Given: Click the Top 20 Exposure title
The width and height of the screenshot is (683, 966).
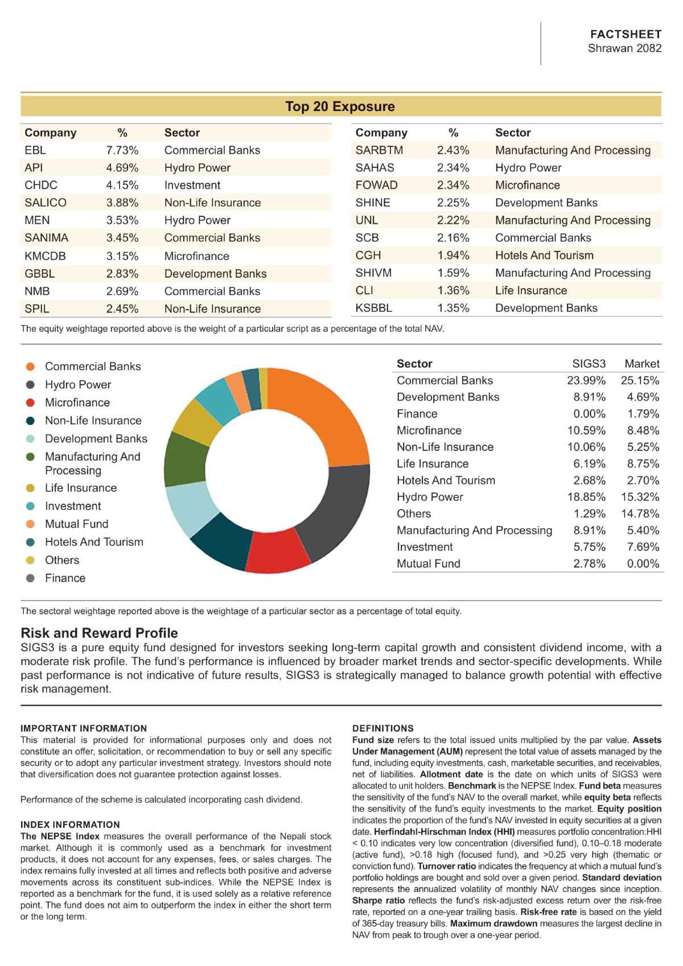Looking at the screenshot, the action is [340, 106].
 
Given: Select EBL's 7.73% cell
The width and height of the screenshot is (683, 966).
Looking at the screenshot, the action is [122, 150].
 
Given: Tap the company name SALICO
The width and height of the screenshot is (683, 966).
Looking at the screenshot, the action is [46, 203].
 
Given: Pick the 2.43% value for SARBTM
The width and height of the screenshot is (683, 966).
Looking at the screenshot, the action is [452, 150].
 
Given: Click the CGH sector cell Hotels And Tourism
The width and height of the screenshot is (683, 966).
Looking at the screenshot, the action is [544, 255].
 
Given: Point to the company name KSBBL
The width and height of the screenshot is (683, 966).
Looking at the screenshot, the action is [373, 308].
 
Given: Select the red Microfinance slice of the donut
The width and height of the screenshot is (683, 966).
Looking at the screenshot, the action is [277, 552].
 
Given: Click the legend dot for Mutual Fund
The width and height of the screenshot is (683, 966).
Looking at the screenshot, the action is [30, 524].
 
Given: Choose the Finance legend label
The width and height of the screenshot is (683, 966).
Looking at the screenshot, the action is [65, 578].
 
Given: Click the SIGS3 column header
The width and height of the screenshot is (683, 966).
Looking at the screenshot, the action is [589, 364].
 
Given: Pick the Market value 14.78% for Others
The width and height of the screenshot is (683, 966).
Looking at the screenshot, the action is [640, 513].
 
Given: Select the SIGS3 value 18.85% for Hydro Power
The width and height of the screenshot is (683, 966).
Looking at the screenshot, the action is [586, 497].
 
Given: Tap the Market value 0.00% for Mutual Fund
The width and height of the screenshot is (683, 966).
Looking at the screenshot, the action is [643, 564].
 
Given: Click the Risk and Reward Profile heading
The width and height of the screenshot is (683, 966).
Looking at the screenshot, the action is [99, 632].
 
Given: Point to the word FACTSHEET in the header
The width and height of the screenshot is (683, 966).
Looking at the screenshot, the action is [626, 34].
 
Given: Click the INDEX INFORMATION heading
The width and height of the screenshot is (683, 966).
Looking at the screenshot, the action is [70, 824].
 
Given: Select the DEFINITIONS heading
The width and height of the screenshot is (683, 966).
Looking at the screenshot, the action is [383, 728].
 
